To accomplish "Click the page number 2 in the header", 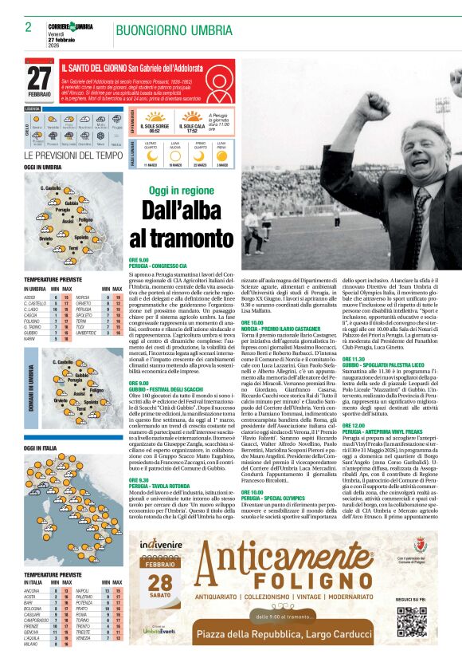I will pyautogui.click(x=28, y=27).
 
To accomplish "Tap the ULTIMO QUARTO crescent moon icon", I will pyautogui.click(x=150, y=149).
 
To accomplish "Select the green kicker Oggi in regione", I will pyautogui.click(x=182, y=191).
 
